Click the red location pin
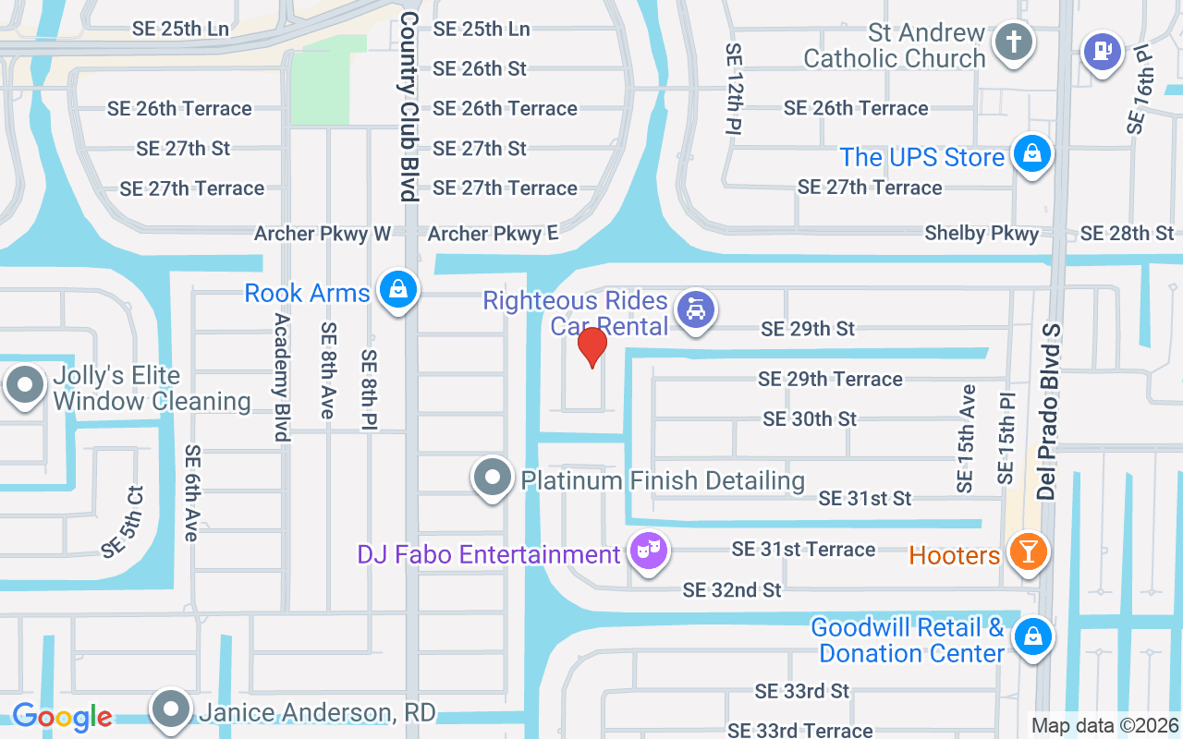pos(591,346)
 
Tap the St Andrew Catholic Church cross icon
pos(1013,42)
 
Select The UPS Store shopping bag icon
pos(1031,153)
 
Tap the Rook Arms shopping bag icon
pos(397,290)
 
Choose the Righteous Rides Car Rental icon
pos(694,309)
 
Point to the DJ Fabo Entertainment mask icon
pos(648,551)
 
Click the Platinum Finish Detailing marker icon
pos(493,478)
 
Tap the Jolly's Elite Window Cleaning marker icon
pos(25,384)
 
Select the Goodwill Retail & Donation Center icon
pos(1031,637)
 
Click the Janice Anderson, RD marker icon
pos(171,710)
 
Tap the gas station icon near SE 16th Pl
pos(1102,50)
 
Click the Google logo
pos(62,716)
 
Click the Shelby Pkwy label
pos(982,234)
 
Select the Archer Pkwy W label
pos(323,234)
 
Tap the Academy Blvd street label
pos(282,376)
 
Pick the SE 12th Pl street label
pos(735,88)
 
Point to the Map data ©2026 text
pos(1104,726)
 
